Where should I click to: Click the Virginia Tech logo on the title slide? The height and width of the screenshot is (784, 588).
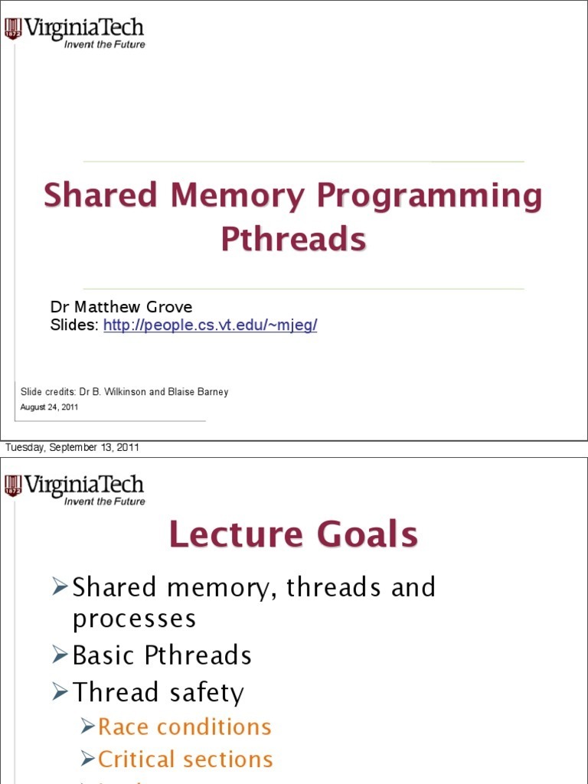(x=74, y=33)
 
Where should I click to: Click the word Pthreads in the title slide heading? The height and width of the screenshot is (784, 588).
(x=293, y=239)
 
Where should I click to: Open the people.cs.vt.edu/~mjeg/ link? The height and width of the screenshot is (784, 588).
(x=210, y=325)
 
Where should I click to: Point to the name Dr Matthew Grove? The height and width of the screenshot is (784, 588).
(x=121, y=307)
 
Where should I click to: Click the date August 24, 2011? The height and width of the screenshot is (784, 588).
(x=49, y=407)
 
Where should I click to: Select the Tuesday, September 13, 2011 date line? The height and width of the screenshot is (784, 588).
(x=72, y=448)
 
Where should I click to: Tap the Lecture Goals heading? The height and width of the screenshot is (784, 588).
(x=293, y=534)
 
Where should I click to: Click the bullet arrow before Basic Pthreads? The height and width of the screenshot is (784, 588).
(x=60, y=655)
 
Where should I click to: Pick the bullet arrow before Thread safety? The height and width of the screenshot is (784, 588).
(x=60, y=692)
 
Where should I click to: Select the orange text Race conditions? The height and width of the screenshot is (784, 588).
(x=185, y=727)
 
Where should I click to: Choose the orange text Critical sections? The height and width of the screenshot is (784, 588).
(x=185, y=759)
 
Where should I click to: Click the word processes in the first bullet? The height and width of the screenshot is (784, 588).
(x=134, y=619)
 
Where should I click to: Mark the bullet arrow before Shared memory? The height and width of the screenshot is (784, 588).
(x=60, y=587)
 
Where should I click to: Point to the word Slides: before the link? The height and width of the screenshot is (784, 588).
(x=74, y=325)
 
